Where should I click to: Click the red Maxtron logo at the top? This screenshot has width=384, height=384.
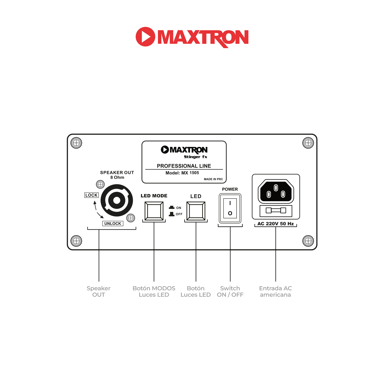tap(192, 37)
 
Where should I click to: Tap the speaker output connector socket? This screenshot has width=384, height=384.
tap(117, 200)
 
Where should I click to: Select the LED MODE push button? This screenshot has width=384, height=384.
tap(154, 211)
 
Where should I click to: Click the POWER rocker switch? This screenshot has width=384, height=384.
tap(230, 208)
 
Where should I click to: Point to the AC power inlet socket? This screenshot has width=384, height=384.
tap(276, 191)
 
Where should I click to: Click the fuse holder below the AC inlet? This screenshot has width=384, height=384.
tap(276, 210)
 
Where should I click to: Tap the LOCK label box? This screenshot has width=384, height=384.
tap(91, 195)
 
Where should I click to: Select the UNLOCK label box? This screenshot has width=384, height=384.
tap(113, 223)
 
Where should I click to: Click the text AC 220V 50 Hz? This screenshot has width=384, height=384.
tap(275, 224)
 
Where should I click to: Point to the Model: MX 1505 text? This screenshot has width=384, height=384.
tap(182, 173)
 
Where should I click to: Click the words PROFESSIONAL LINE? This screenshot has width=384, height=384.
tap(184, 166)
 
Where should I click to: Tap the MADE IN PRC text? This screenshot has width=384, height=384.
tap(213, 179)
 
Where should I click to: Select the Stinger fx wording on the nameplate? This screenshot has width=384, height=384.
tap(196, 157)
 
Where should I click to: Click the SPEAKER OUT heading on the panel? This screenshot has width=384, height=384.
tap(117, 173)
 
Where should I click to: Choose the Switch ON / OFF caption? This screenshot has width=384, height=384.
tap(230, 292)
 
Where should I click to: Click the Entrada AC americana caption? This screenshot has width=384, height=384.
tap(275, 292)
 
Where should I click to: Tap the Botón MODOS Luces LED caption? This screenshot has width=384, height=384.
tap(154, 292)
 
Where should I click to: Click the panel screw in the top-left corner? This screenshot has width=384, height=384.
tap(76, 143)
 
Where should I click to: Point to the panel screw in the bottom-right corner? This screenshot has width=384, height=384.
tap(308, 241)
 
